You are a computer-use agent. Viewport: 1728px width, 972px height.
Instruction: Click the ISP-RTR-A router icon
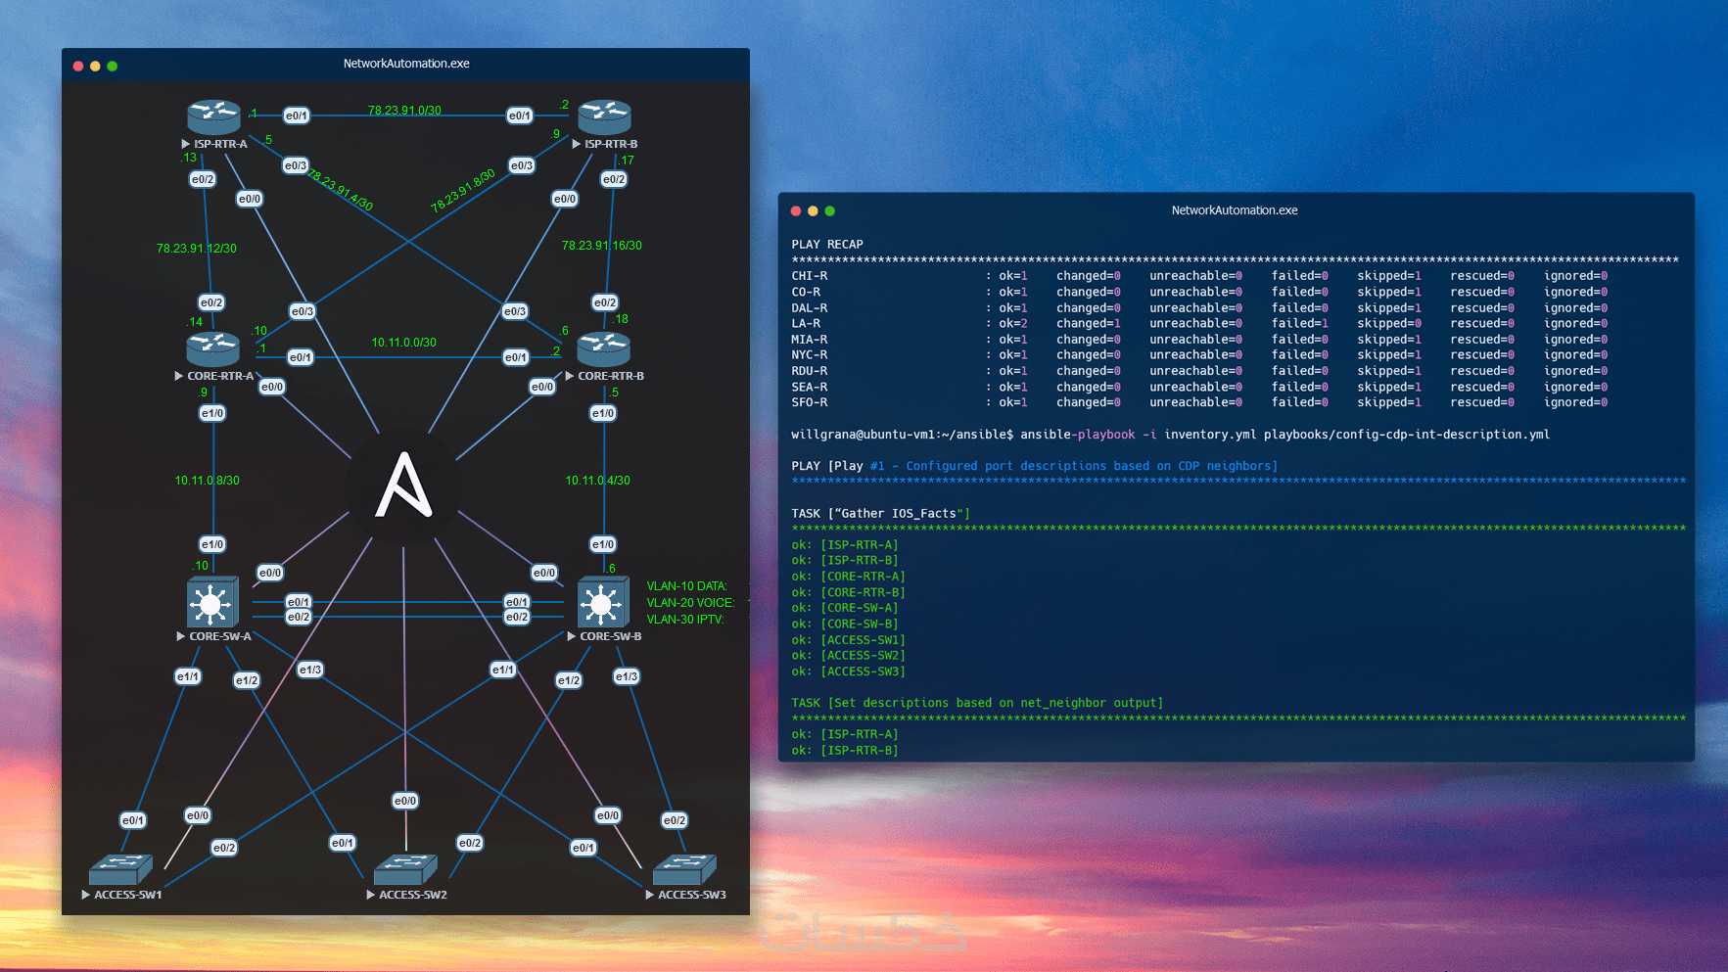(213, 116)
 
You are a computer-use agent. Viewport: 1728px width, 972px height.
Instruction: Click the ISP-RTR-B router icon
(604, 116)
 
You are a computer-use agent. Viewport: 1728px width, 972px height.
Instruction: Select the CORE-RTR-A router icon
(212, 349)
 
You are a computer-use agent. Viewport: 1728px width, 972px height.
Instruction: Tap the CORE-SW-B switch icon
(601, 603)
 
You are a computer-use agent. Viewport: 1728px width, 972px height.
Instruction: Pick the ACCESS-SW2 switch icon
(406, 868)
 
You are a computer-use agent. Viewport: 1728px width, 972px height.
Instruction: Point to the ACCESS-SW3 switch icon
(684, 868)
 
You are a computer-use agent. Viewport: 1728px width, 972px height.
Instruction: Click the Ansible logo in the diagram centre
(403, 486)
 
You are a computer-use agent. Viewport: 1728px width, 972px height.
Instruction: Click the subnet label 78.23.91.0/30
(404, 111)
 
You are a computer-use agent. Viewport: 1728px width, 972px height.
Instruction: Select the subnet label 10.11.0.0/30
(403, 343)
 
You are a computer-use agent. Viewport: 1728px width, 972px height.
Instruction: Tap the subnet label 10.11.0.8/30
(207, 481)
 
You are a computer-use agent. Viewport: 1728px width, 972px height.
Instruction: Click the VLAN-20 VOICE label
(690, 603)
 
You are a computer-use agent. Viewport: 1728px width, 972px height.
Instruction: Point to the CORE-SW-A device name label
(220, 636)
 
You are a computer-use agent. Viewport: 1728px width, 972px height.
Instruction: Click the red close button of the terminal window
(796, 211)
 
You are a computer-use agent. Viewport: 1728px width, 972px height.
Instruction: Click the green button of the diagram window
(113, 67)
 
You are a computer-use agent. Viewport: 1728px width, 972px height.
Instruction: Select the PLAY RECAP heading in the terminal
(827, 245)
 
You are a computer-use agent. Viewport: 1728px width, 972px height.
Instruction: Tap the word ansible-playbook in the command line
(1078, 435)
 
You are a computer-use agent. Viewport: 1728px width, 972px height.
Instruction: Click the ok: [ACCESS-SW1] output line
(848, 640)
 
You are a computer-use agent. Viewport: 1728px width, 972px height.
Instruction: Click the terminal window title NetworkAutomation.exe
(1235, 210)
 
